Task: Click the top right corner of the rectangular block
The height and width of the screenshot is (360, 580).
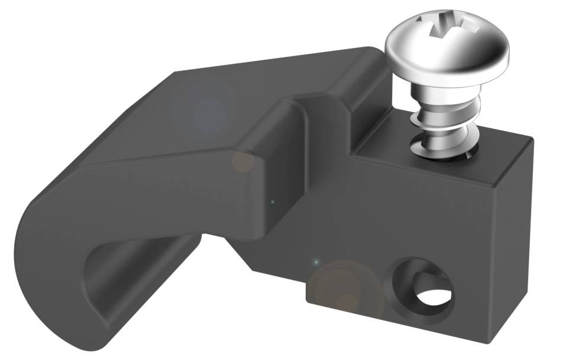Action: coord(530,140)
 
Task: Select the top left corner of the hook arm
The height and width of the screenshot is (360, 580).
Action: coord(175,73)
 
